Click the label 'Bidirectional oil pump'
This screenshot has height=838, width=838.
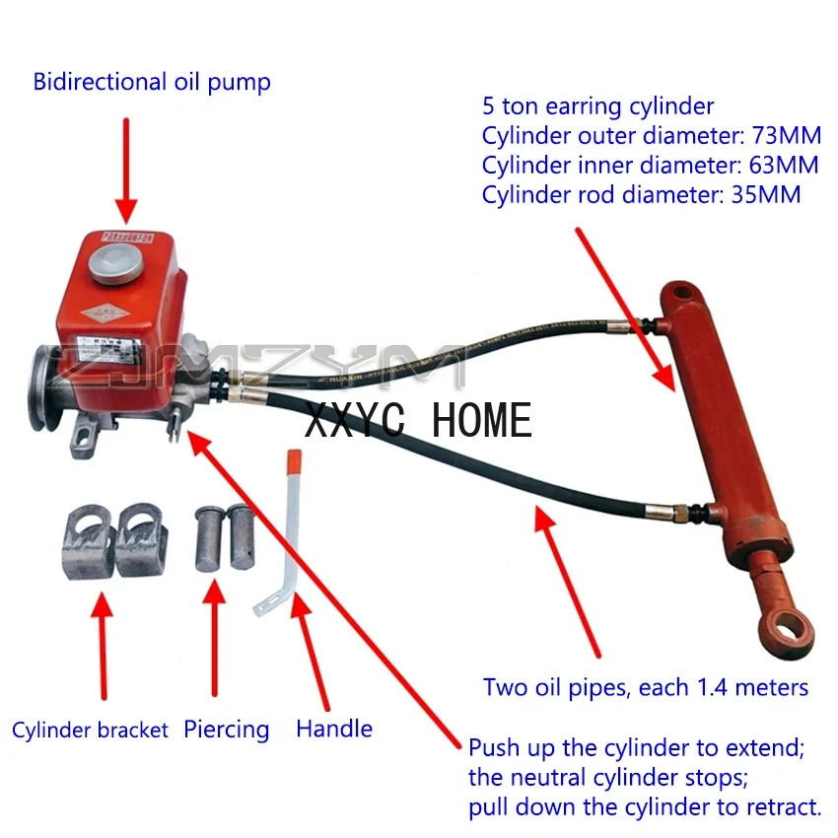point(152,82)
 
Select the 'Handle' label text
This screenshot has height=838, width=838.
point(334,730)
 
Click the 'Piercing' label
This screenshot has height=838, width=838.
point(226,730)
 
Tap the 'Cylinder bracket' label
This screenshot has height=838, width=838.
point(92,731)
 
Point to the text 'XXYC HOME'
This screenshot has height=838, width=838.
point(418,421)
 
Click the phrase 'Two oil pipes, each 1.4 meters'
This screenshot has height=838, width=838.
point(646,687)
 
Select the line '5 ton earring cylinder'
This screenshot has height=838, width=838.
point(597,105)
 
